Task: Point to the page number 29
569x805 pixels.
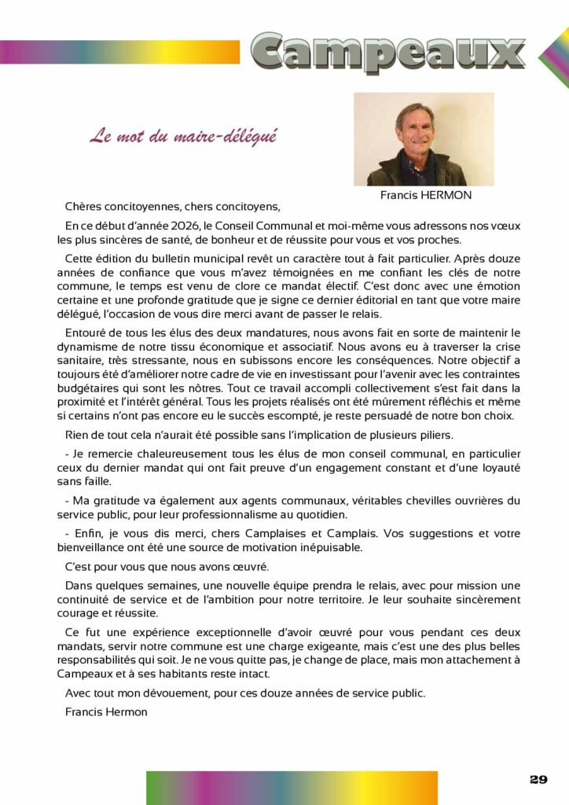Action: (538, 779)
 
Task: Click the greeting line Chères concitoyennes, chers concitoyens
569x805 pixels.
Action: (172, 208)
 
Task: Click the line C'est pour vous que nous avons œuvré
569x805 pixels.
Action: (167, 566)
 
